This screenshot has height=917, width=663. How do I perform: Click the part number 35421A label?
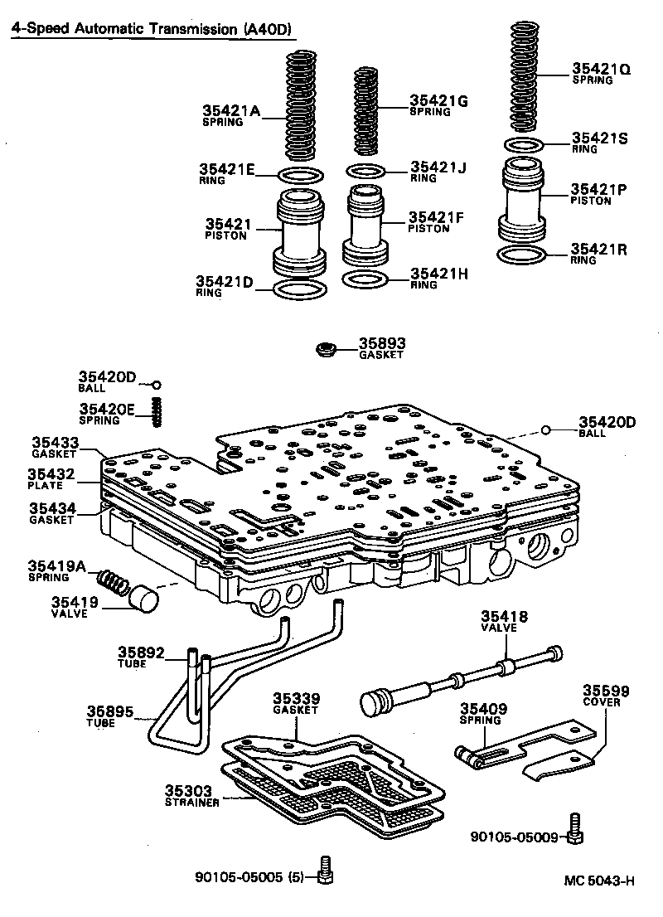(x=231, y=110)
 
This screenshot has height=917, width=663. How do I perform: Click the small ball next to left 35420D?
(x=155, y=385)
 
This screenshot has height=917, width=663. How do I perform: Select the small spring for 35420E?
(x=154, y=410)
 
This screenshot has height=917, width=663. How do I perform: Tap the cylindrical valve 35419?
(x=146, y=598)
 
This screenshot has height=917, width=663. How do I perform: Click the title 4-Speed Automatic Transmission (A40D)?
(x=152, y=29)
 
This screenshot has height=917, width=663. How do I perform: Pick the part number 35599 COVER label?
(x=605, y=695)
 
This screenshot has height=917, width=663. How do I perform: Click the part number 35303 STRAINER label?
(x=191, y=796)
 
